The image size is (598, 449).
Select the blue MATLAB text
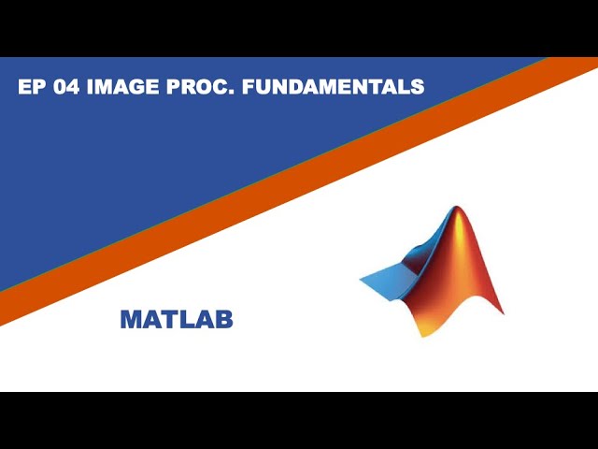point(177,320)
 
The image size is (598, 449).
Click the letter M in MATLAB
point(130,320)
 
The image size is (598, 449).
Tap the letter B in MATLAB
point(223,320)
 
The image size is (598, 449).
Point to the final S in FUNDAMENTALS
point(418,87)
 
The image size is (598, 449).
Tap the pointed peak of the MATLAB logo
point(458,210)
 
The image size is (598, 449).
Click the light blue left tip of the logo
point(364,279)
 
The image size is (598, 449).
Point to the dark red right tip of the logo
point(499,311)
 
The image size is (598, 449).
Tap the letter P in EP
point(36,87)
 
